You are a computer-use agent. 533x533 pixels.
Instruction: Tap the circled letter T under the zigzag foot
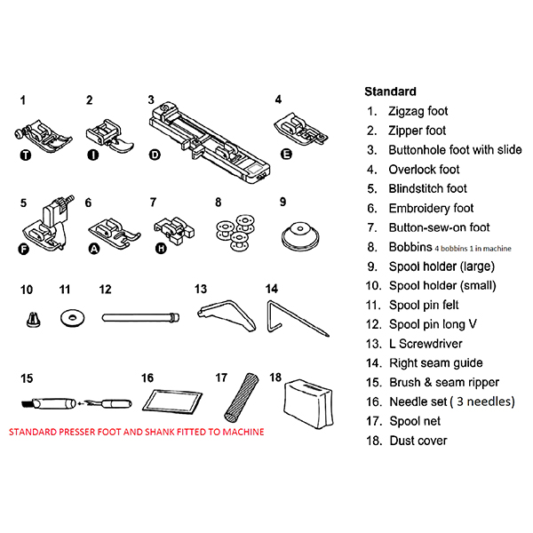23,154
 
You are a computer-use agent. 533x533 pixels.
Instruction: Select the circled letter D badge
155,155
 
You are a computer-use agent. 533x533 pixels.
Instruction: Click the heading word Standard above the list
390,91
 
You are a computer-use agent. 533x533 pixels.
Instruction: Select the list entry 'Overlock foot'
424,169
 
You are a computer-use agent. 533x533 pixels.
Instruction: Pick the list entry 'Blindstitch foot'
427,188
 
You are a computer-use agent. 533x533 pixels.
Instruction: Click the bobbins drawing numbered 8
234,230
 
